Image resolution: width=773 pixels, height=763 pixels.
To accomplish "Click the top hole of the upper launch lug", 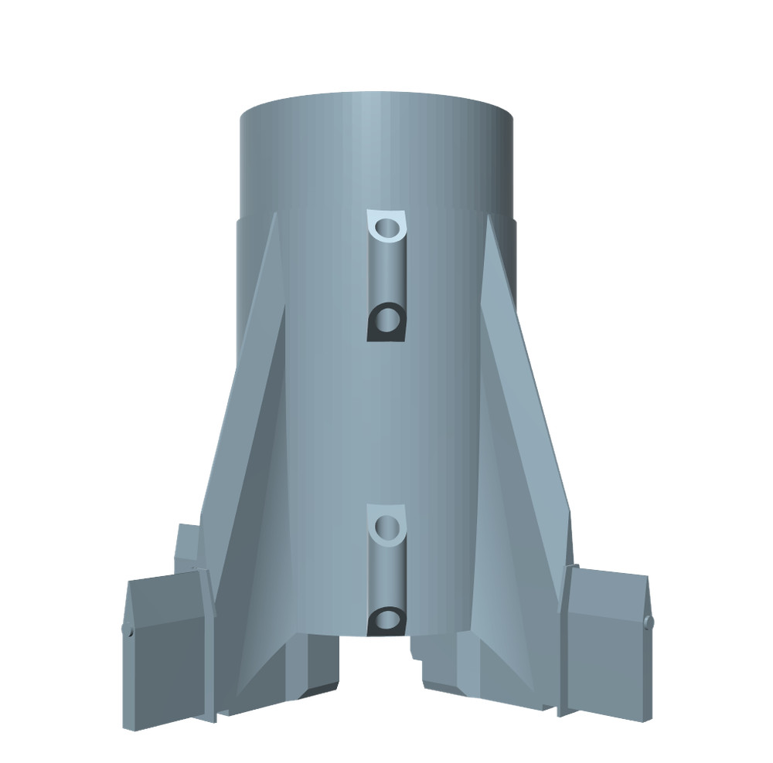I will pos(386,228).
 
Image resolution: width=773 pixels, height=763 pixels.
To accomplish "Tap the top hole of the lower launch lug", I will pos(386,527).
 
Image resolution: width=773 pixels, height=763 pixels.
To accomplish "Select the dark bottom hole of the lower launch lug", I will pos(386,618).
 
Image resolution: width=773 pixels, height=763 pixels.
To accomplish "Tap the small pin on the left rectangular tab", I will pos(126,631).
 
